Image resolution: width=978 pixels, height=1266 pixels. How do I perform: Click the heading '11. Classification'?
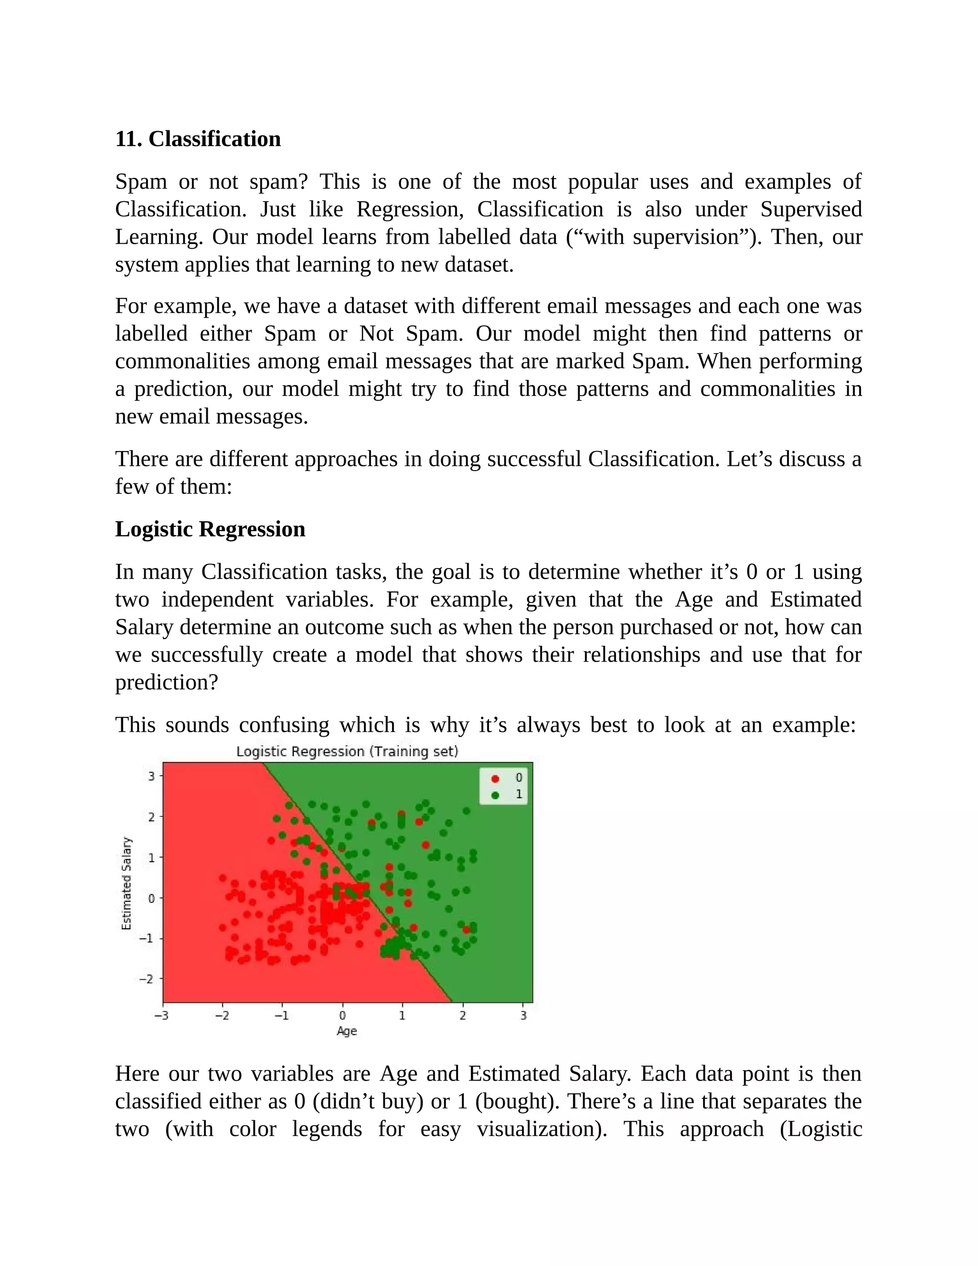coord(198,139)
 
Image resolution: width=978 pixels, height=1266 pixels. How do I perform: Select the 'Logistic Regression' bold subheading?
coord(210,529)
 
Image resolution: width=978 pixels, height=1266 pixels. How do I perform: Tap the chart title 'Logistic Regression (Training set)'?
coord(347,752)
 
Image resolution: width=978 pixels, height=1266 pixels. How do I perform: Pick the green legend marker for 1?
coord(495,795)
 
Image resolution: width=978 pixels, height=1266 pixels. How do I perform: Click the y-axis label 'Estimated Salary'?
coord(126,883)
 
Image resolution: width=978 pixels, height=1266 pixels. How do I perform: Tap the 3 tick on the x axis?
coord(523,1016)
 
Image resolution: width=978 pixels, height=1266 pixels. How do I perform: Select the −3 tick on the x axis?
coord(162,1016)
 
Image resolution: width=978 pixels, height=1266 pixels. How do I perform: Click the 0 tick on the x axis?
coord(342,1016)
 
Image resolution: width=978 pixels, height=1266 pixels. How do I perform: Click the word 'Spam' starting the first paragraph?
coord(141,182)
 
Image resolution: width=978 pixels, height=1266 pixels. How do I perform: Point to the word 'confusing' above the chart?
coord(284,725)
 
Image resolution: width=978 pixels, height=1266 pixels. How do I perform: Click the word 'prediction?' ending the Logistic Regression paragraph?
coord(166,682)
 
